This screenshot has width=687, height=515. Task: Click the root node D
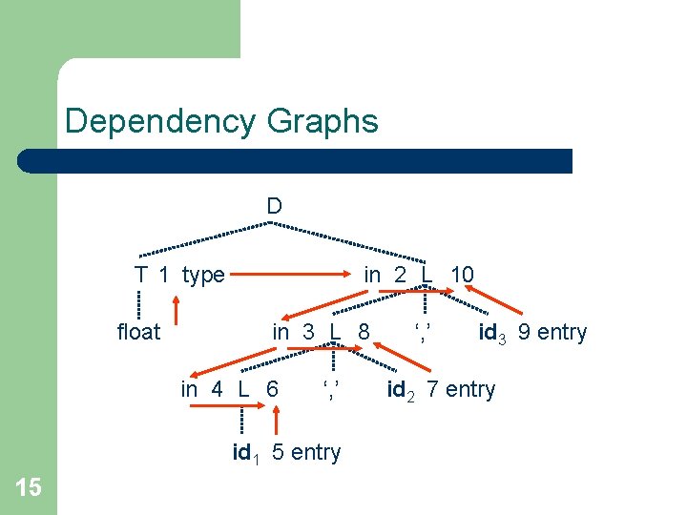click(274, 206)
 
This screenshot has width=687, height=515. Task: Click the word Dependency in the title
click(159, 122)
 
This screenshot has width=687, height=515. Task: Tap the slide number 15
click(29, 488)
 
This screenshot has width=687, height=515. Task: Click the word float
click(138, 333)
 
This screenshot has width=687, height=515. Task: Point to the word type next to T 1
click(202, 276)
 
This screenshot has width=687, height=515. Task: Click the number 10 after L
click(462, 276)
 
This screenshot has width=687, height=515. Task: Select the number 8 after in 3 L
click(364, 333)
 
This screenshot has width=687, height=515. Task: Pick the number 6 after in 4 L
click(273, 389)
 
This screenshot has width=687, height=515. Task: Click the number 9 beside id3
click(525, 333)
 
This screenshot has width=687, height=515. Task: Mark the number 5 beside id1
click(278, 452)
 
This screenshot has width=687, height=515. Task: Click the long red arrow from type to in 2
click(291, 276)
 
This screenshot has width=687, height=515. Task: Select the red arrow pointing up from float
click(177, 310)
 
